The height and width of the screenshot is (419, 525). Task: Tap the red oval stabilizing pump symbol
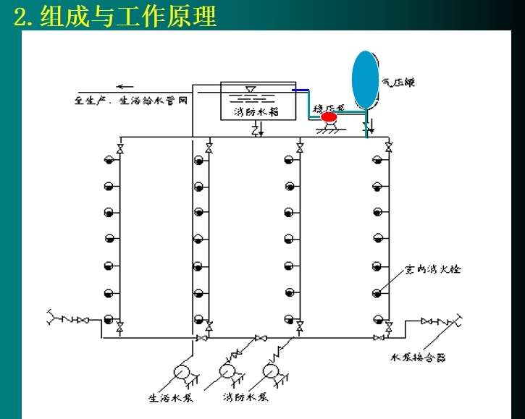[x=329, y=117]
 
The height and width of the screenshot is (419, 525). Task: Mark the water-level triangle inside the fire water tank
[x=251, y=90]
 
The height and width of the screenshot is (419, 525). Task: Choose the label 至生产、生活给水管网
[x=131, y=101]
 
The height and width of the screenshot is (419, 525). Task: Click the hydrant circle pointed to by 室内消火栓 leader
[x=377, y=292]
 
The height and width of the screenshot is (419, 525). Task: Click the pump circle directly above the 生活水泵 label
[x=182, y=372]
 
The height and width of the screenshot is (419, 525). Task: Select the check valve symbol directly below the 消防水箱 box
[x=256, y=130]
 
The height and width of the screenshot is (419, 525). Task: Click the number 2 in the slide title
[x=20, y=16]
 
